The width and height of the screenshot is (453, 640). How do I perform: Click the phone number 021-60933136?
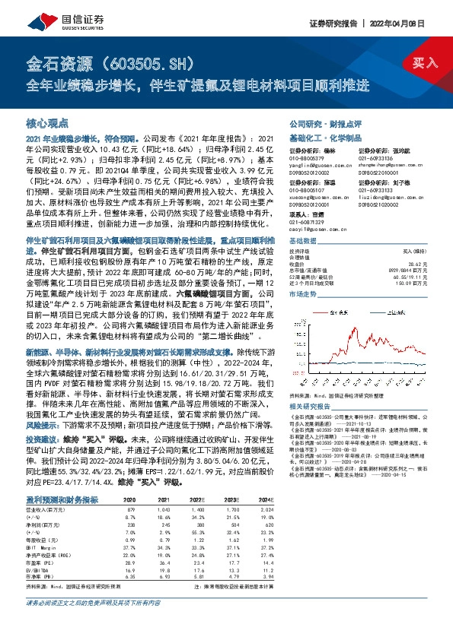376,158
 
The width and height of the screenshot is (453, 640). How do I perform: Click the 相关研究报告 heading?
309,407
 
